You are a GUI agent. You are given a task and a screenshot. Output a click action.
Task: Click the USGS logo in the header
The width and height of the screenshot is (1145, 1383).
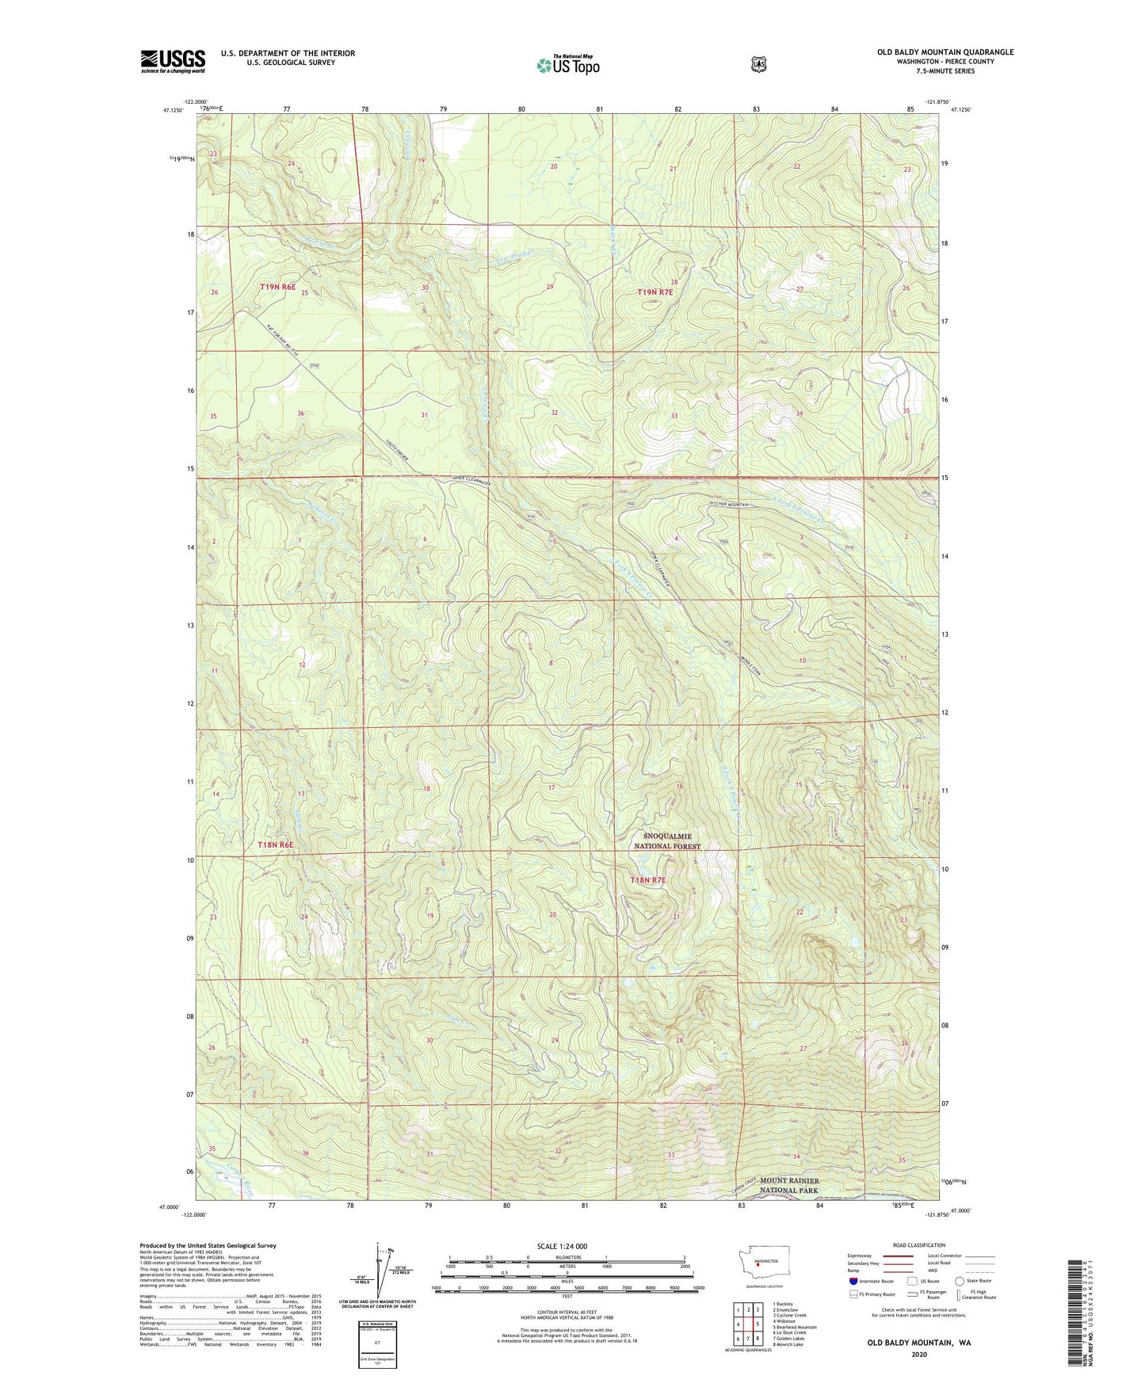[x=173, y=61]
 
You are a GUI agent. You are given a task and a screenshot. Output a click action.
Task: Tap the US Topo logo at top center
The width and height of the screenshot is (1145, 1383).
[x=567, y=65]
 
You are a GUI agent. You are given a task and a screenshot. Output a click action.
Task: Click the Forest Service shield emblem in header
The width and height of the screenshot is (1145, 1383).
[x=758, y=64]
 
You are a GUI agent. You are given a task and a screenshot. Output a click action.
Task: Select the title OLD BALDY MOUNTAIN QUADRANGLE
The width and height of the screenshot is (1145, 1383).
[x=945, y=52]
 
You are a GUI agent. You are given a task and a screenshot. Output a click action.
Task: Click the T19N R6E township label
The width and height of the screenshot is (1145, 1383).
[x=277, y=287]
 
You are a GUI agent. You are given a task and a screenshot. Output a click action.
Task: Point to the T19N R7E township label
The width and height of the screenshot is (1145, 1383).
[x=655, y=292]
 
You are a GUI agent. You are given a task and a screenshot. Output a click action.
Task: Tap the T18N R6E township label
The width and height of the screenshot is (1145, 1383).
[x=276, y=845]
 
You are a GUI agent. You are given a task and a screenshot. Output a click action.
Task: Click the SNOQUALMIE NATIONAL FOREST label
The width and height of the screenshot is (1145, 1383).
[x=667, y=841]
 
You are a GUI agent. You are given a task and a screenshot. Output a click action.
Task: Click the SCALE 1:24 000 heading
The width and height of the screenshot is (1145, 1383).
[x=562, y=1246]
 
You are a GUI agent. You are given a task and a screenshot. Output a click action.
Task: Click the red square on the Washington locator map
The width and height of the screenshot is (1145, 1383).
[x=758, y=1265]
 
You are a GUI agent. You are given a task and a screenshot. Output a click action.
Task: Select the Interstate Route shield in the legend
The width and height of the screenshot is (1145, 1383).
[x=853, y=1281]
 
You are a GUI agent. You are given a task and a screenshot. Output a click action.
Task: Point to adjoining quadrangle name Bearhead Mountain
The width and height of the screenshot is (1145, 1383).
[x=795, y=1327]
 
